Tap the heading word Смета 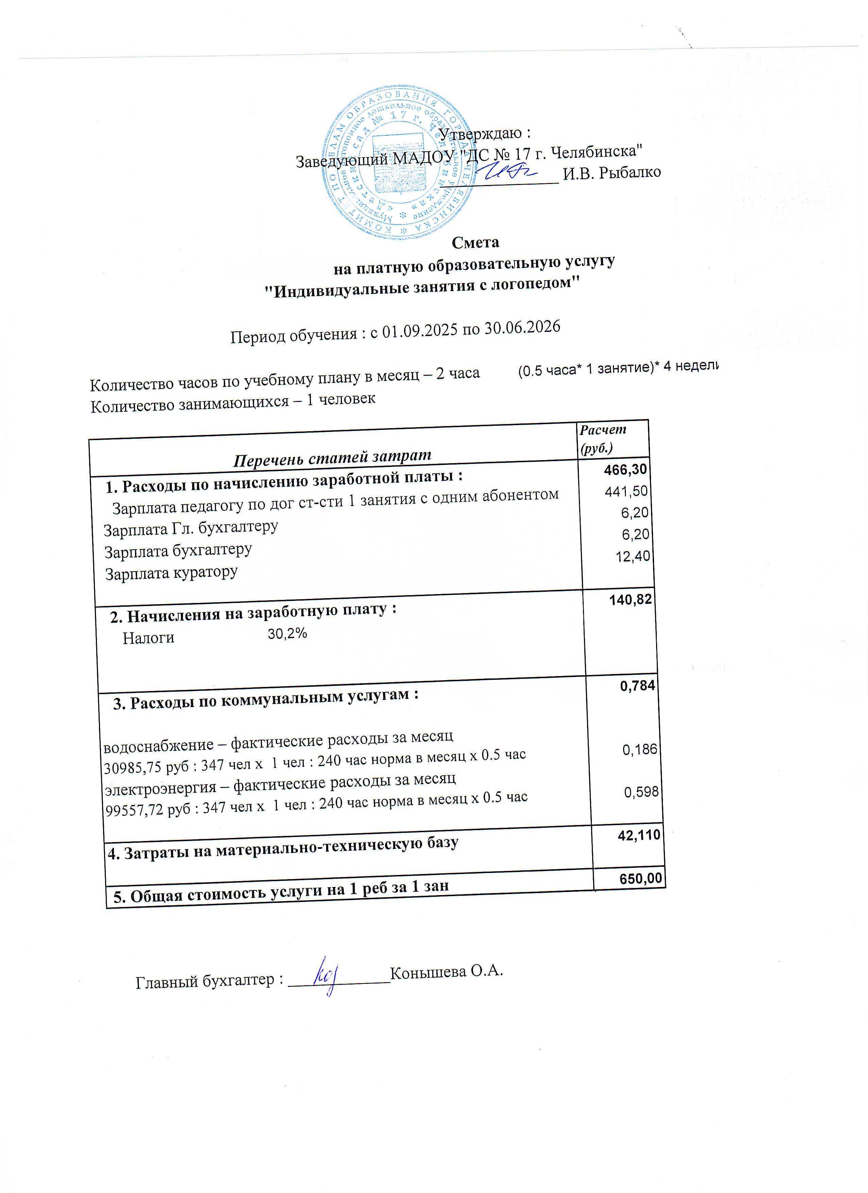click(x=475, y=242)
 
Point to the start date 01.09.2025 click(x=420, y=331)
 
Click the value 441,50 click(x=626, y=491)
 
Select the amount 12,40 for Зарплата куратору click(x=633, y=556)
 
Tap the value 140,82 click(x=630, y=599)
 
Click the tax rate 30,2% click(x=287, y=633)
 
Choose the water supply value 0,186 click(x=640, y=749)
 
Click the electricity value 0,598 click(x=641, y=792)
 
